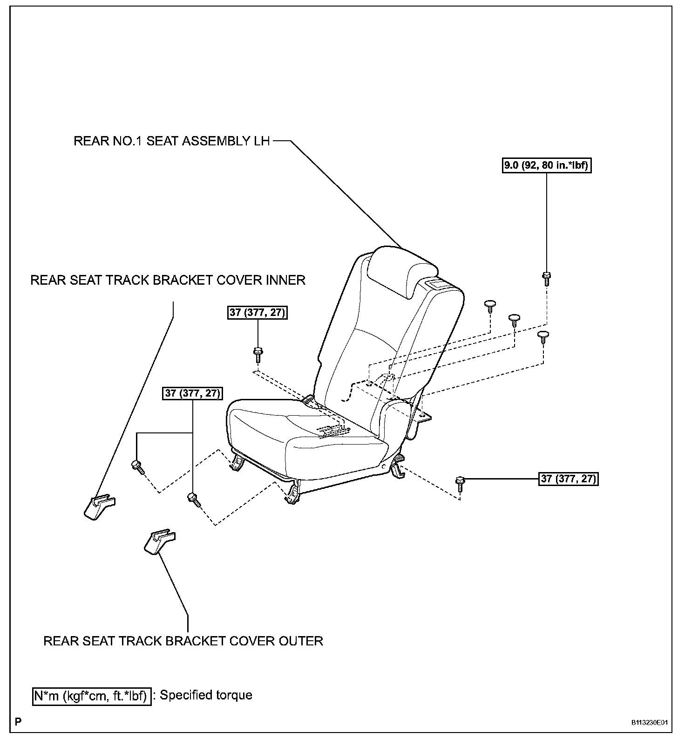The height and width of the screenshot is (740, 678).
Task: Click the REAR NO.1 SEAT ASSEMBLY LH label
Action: tap(172, 141)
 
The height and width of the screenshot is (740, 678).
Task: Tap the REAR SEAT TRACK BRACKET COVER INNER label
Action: tap(168, 280)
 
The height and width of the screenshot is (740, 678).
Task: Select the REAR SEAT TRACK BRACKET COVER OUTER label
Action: tap(183, 641)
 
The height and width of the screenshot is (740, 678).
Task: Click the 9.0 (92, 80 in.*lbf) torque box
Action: tap(547, 165)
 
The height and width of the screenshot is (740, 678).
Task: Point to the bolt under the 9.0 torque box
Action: tap(546, 278)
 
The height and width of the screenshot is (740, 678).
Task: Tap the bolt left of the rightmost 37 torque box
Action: tap(460, 483)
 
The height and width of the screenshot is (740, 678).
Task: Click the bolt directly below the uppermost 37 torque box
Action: tap(258, 354)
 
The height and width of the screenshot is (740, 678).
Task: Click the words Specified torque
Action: tap(206, 695)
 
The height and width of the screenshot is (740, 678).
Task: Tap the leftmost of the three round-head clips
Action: tap(490, 306)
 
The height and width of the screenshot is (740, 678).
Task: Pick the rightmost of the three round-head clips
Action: tap(543, 336)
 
